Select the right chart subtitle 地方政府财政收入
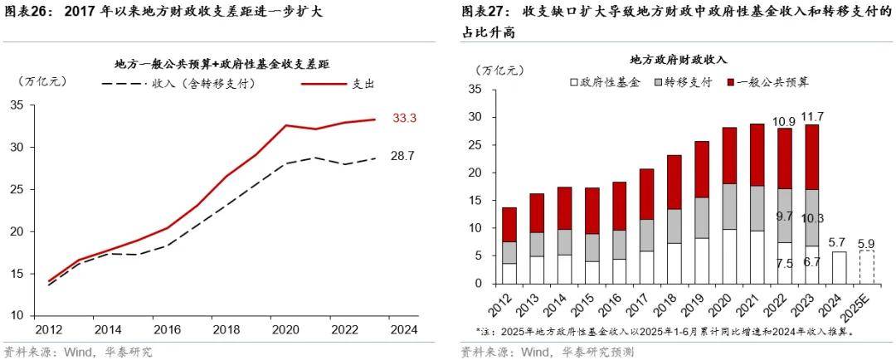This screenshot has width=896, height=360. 678,61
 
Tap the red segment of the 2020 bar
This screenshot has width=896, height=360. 728,156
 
